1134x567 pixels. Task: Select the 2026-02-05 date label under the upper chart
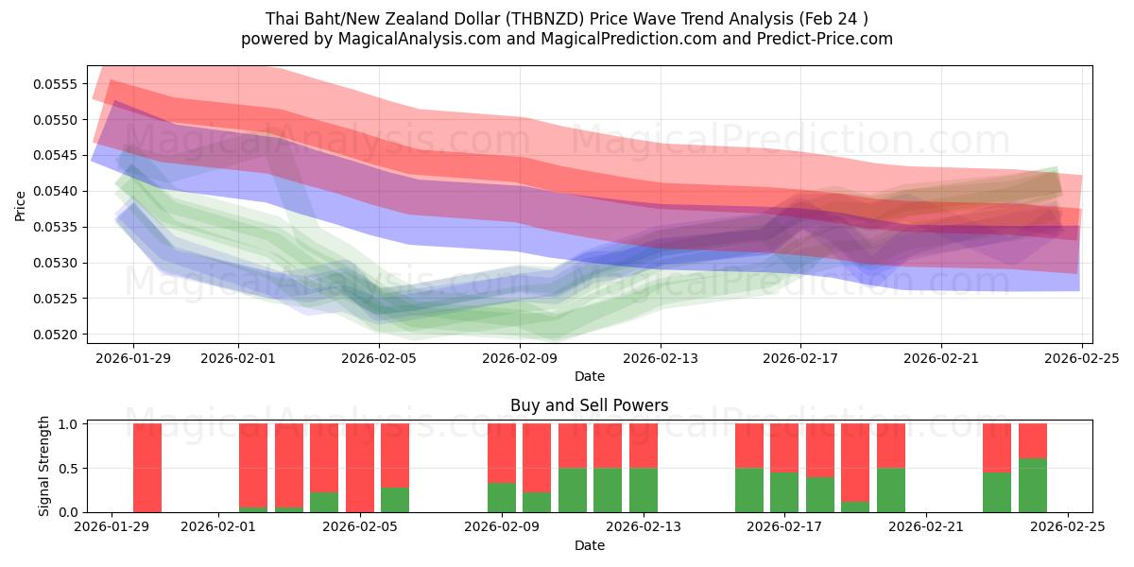point(379,358)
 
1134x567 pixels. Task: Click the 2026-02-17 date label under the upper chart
point(800,358)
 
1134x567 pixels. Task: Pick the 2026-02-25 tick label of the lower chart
point(1068,527)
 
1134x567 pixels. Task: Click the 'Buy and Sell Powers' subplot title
point(589,405)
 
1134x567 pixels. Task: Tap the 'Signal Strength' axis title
point(44,467)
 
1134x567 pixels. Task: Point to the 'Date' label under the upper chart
point(589,376)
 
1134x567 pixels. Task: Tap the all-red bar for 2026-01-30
point(147,468)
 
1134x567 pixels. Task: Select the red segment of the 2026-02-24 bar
point(1033,440)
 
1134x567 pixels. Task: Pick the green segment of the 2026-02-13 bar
point(644,490)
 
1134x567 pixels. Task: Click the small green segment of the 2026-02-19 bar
point(855,507)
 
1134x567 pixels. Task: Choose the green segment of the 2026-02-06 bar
point(395,500)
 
